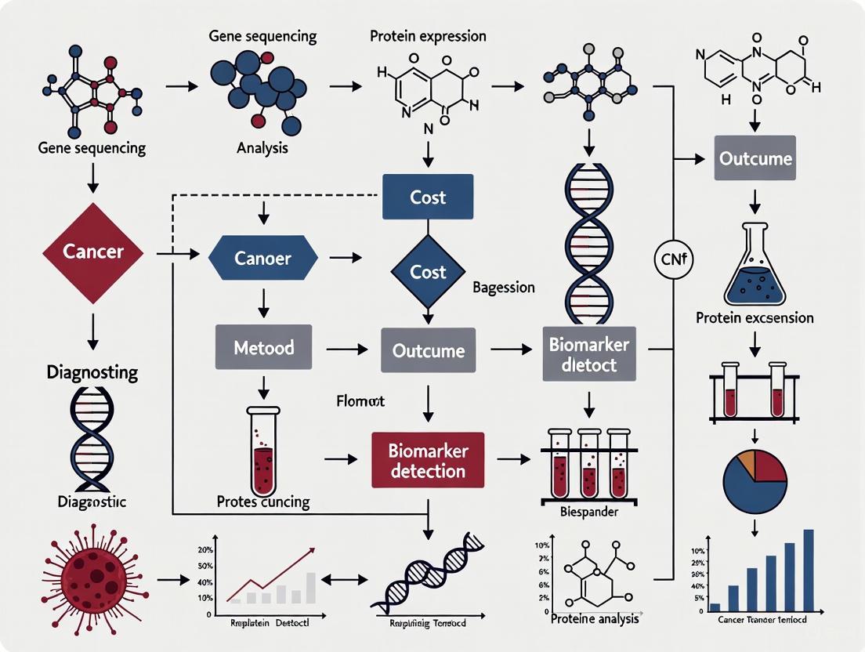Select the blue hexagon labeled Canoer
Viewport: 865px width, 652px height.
click(263, 258)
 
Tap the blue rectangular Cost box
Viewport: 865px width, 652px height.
click(428, 197)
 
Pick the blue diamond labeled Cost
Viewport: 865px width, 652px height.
click(428, 272)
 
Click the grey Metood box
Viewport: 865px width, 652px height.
click(263, 346)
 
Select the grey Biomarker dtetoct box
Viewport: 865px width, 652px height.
click(588, 354)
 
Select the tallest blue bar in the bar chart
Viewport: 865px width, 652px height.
click(809, 569)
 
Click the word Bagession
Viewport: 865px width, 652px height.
click(504, 288)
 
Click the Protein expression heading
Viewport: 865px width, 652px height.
click(428, 36)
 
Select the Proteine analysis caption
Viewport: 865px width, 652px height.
click(595, 619)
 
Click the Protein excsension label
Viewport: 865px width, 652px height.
click(755, 318)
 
